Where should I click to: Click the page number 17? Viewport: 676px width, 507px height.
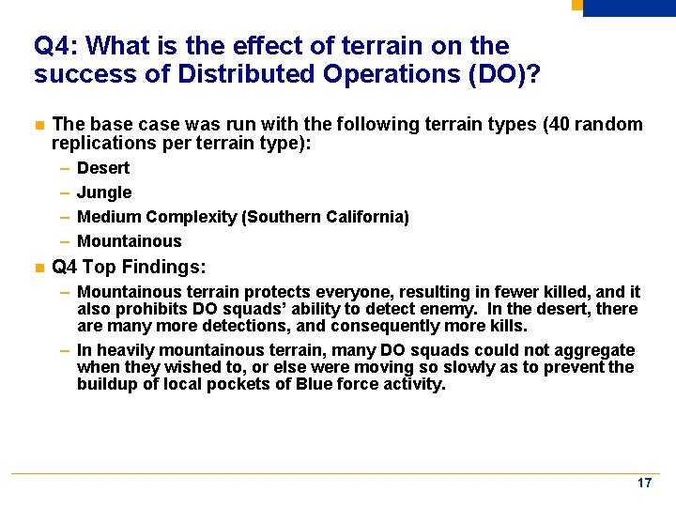644,483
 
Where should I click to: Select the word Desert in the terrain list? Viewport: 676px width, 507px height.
103,168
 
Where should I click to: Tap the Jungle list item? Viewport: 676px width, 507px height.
104,192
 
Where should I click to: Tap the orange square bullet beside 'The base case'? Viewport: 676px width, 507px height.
38,125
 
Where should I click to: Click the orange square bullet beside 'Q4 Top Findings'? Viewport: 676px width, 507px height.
38,268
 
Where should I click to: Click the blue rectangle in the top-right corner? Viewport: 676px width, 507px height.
628,8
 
